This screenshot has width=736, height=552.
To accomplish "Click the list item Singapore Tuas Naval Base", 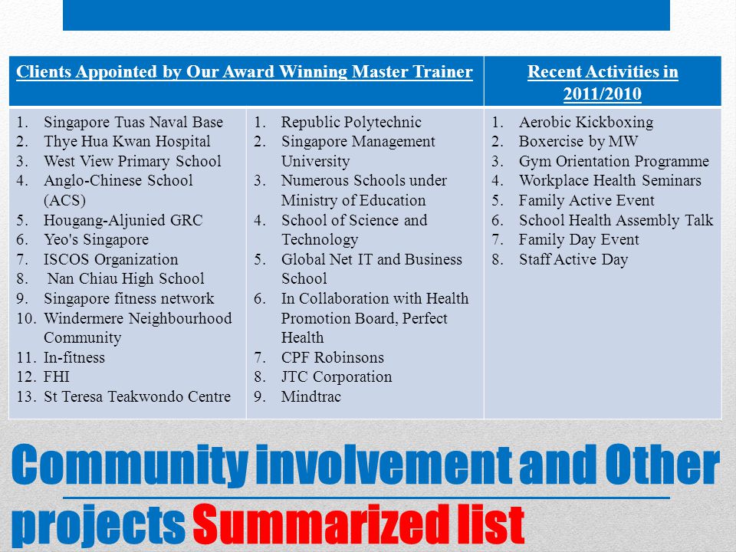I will (x=133, y=122).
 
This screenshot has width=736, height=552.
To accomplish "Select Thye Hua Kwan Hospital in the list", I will (x=127, y=142).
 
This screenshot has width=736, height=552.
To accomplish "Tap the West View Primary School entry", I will (x=132, y=162).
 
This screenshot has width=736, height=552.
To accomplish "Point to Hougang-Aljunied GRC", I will (x=123, y=221).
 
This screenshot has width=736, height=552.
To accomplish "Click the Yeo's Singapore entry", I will (x=96, y=240).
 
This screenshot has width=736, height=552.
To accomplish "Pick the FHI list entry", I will (x=58, y=377).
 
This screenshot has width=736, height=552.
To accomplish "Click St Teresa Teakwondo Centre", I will (x=136, y=397).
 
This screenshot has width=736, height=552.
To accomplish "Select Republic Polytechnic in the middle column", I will (x=351, y=122).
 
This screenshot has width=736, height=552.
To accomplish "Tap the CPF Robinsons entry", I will (x=332, y=358).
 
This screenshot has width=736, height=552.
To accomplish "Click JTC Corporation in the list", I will (x=336, y=377).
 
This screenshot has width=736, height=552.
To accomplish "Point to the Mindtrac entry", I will (x=310, y=397).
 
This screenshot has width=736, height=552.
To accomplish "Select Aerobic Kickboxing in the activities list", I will (x=586, y=122).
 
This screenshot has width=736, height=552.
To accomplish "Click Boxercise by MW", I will (x=578, y=142).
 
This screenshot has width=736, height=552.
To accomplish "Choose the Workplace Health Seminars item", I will (x=609, y=181).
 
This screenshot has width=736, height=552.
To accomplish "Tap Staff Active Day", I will (x=573, y=260).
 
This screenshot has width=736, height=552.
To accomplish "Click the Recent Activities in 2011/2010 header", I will (x=603, y=83).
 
